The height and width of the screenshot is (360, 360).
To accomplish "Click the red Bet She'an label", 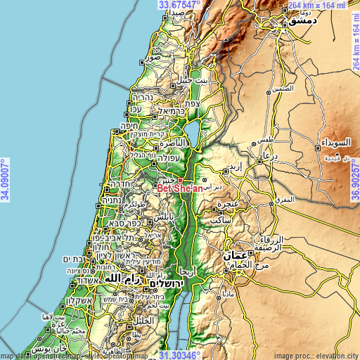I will tap(180, 188).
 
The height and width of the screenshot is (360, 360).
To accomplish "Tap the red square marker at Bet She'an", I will tap(180, 180).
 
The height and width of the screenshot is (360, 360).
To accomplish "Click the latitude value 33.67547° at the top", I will tap(180, 4).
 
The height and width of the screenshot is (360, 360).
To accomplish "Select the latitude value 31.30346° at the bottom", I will tap(180, 355).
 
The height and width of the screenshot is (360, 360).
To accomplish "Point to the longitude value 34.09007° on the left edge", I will tap(5, 180).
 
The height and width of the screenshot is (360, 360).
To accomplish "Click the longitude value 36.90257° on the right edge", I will tap(355, 180).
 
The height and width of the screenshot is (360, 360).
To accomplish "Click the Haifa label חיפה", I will tap(130, 127).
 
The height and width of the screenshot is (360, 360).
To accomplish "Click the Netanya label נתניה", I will tap(112, 200).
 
